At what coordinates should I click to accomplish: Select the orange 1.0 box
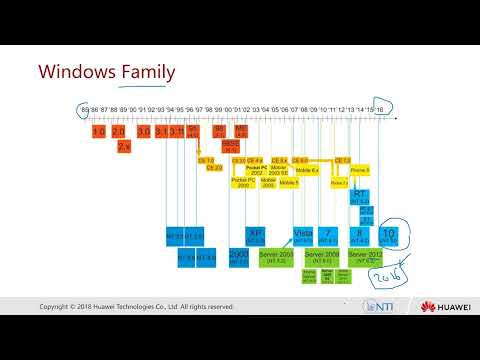pos(98,131)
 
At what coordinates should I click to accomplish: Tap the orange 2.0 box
pos(118,131)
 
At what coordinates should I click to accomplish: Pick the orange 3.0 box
pos(145,131)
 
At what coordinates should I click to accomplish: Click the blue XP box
pos(254,233)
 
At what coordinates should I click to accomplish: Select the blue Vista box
pos(304,234)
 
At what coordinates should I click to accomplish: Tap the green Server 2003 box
pos(273,256)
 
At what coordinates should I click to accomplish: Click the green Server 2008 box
pos(325,256)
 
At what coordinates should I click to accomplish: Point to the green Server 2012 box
pos(360,256)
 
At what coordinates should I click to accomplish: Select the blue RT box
pos(361,198)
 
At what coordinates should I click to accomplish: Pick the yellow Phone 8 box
pos(360,171)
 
